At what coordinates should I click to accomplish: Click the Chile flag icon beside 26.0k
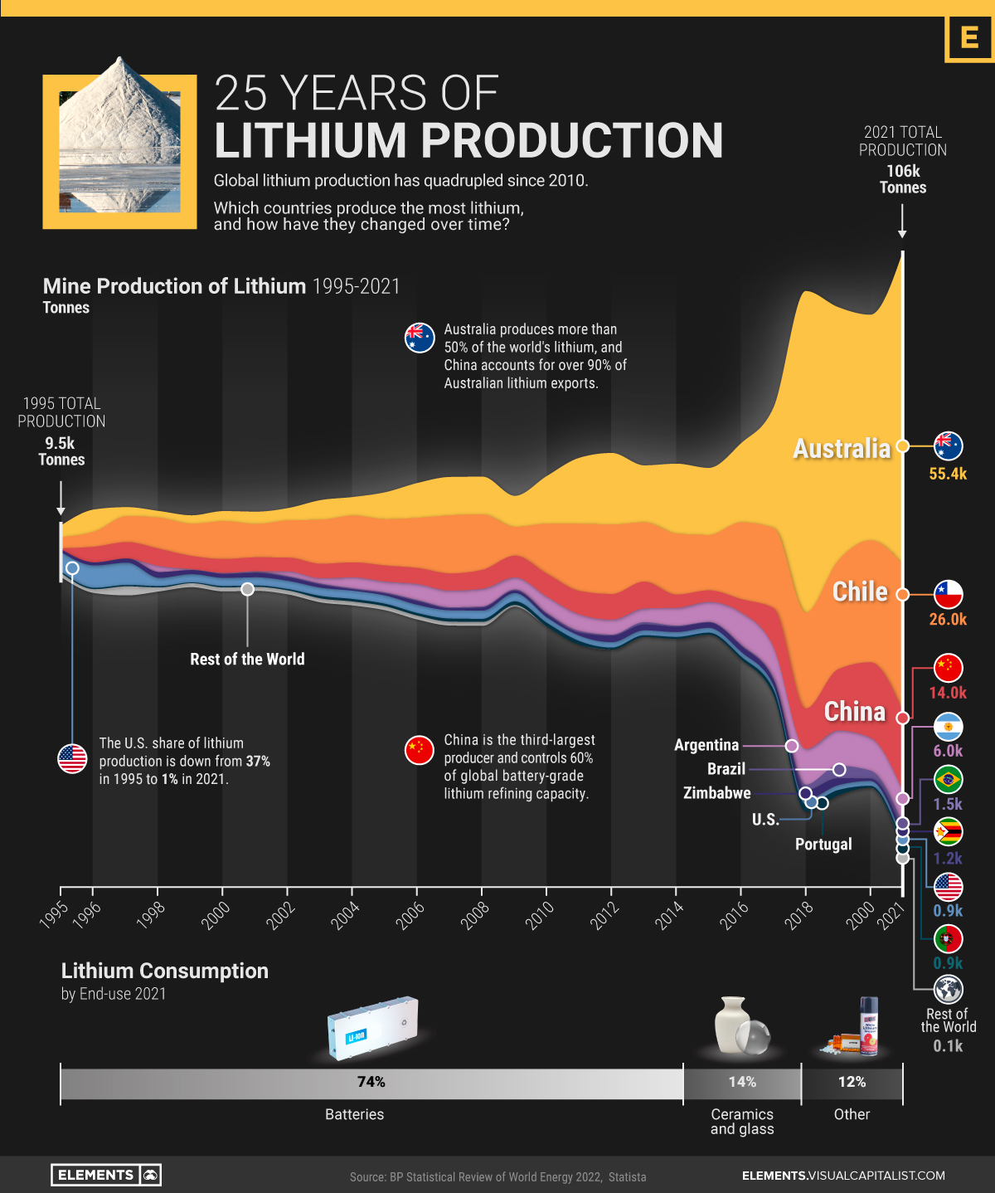coord(948,594)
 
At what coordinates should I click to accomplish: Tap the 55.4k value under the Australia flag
coord(948,474)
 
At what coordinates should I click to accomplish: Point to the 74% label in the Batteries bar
coord(371,1082)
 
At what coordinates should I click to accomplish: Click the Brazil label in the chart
coord(726,769)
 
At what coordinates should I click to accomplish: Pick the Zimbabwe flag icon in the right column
coord(948,831)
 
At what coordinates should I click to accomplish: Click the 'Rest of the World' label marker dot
coord(247,589)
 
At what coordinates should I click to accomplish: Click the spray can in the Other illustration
coord(868,1026)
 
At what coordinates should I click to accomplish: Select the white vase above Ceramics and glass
coord(731,1025)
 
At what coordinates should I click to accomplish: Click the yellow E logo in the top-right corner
coord(969,38)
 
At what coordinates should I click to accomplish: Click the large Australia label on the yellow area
coord(841,449)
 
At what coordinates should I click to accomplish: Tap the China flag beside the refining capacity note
coord(420,750)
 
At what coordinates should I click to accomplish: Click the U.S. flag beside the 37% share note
coord(73,758)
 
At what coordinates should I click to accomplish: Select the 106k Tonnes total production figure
coord(903,178)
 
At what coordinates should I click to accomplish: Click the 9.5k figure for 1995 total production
coord(60,443)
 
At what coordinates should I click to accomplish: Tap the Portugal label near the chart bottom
coord(823,844)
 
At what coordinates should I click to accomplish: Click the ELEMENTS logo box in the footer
coord(106,1175)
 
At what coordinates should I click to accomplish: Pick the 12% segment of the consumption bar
coord(852,1083)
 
